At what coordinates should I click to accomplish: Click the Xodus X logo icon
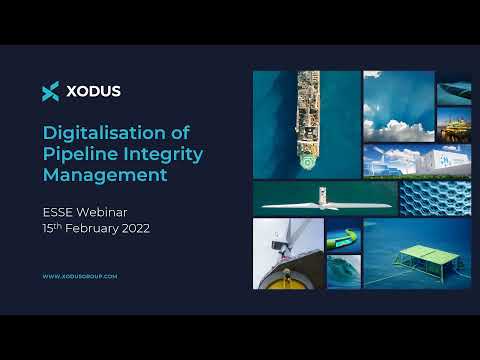click(x=51, y=91)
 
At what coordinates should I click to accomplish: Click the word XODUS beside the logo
click(x=93, y=91)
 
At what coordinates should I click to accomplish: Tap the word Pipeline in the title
click(x=78, y=154)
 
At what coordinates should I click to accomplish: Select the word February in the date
click(x=110, y=228)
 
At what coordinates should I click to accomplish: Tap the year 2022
click(x=161, y=228)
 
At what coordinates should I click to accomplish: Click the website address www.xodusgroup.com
click(x=80, y=275)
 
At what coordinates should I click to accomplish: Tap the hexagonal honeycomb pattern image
click(x=435, y=198)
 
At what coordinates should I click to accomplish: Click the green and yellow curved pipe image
click(x=343, y=237)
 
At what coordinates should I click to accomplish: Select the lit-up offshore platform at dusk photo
click(x=454, y=124)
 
